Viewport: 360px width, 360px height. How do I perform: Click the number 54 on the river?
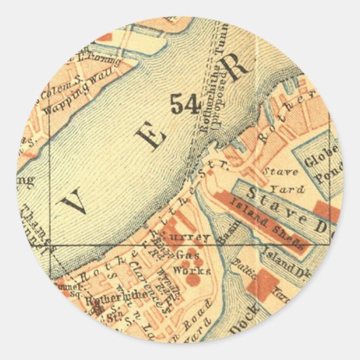[x=184, y=103]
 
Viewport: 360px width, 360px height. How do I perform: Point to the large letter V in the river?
[x=74, y=201]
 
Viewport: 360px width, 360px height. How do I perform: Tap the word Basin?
[x=227, y=232]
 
